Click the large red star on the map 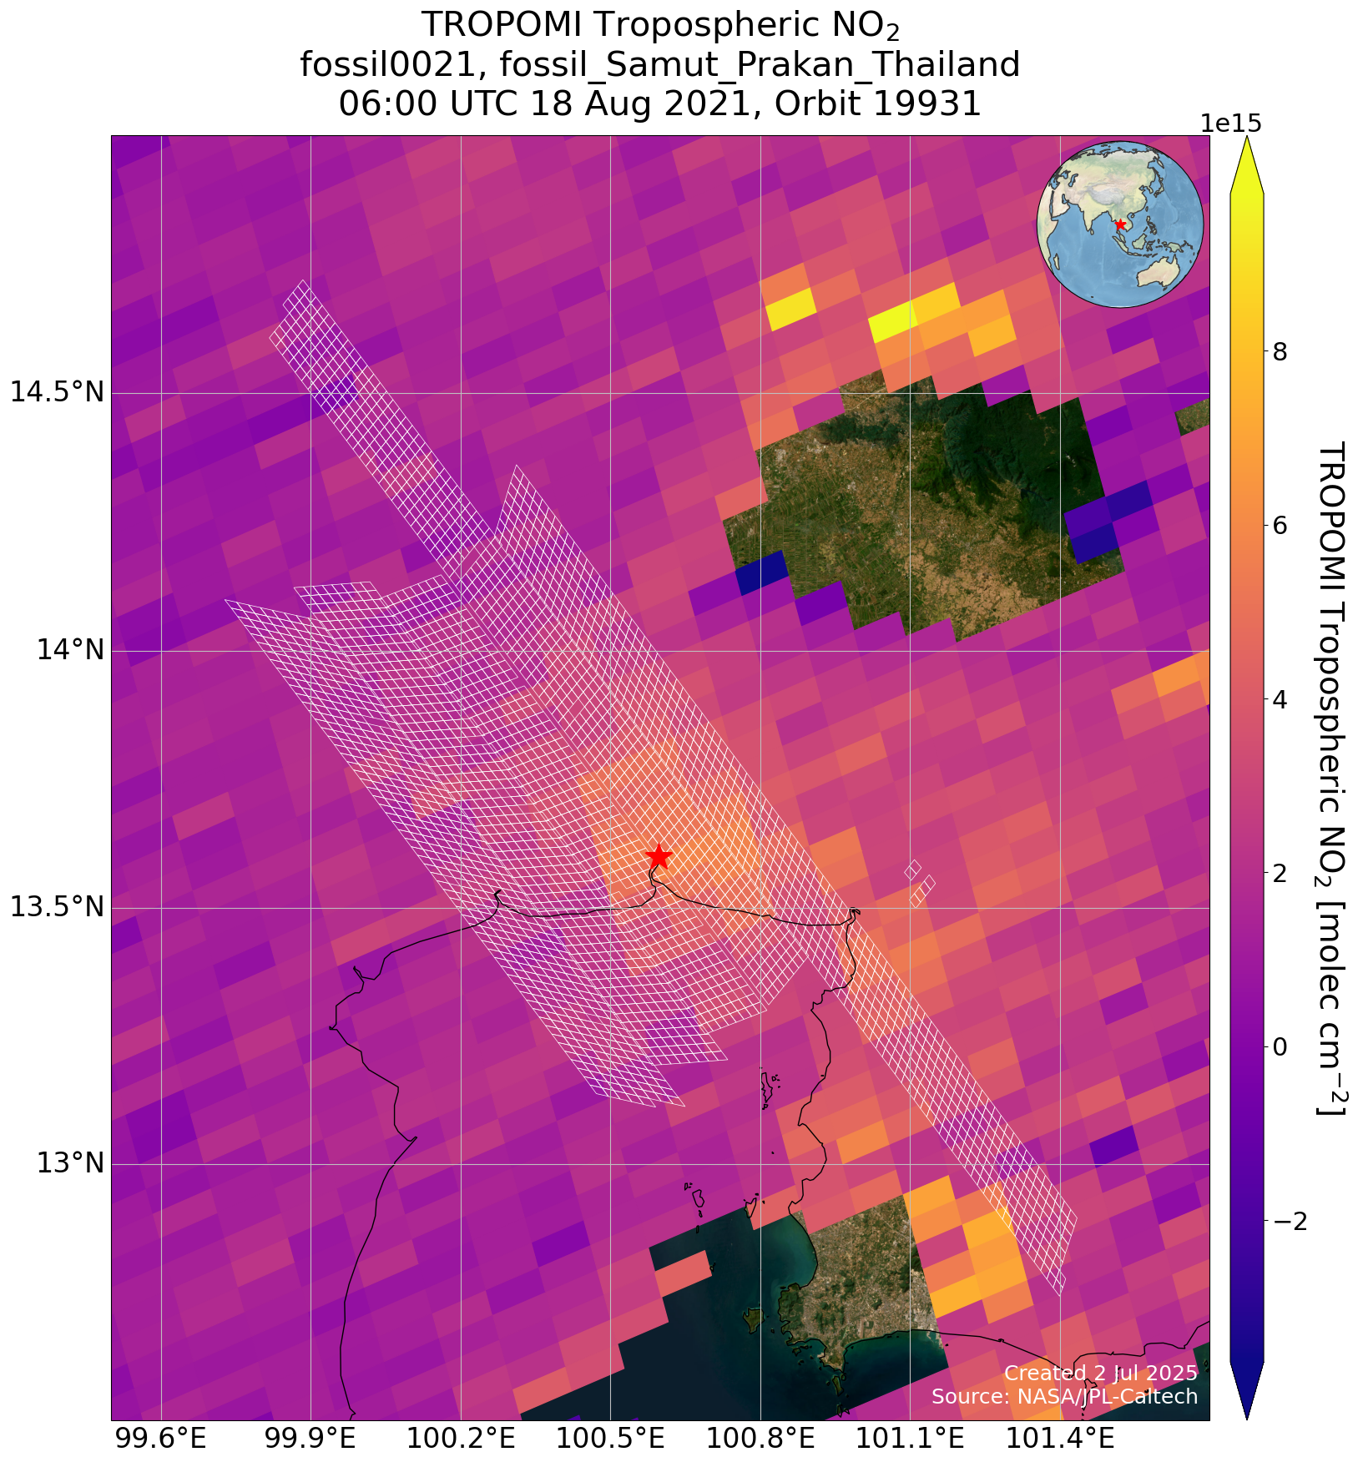pyautogui.click(x=659, y=856)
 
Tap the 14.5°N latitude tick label pyautogui.click(x=57, y=392)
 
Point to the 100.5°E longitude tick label pyautogui.click(x=610, y=1439)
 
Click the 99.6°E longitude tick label pyautogui.click(x=160, y=1439)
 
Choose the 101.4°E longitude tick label pyautogui.click(x=1060, y=1439)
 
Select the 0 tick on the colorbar pyautogui.click(x=1278, y=1046)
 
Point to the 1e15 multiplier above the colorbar pyautogui.click(x=1230, y=124)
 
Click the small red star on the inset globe pyautogui.click(x=1120, y=224)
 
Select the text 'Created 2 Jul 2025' pyautogui.click(x=1100, y=1373)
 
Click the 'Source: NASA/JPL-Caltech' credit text pyautogui.click(x=1064, y=1397)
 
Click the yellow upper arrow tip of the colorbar pyautogui.click(x=1246, y=163)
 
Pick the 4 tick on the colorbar pyautogui.click(x=1278, y=699)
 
